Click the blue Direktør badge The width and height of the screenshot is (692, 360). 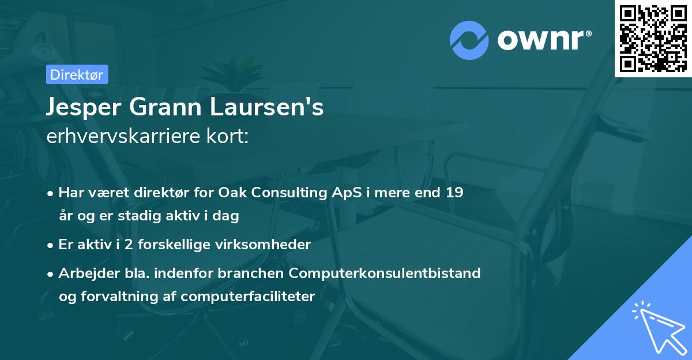77,74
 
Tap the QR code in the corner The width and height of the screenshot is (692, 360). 653,38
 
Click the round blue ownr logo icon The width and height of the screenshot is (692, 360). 469,40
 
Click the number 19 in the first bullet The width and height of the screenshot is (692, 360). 454,193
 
